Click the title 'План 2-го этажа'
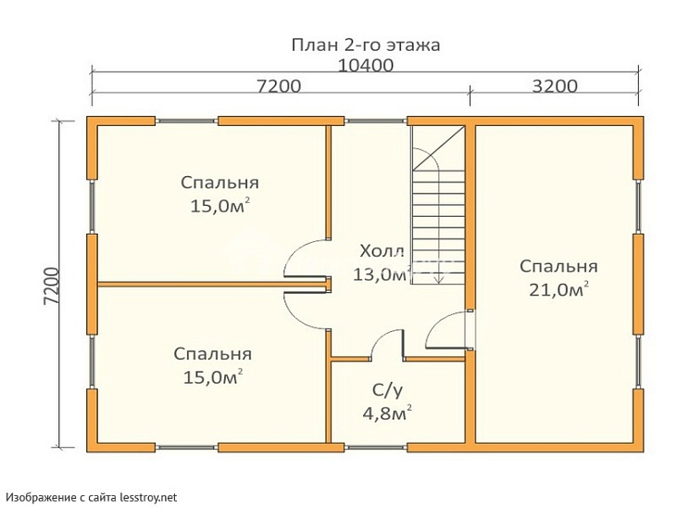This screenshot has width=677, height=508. (365, 44)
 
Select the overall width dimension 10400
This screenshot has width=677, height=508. (365, 66)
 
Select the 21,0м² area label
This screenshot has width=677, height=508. (558, 291)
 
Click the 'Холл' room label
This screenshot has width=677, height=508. (382, 251)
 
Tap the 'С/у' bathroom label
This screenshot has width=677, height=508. (387, 390)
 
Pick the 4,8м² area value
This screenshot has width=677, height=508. (387, 413)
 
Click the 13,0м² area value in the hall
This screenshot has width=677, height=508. (380, 274)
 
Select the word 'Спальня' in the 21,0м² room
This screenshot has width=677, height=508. (558, 267)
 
